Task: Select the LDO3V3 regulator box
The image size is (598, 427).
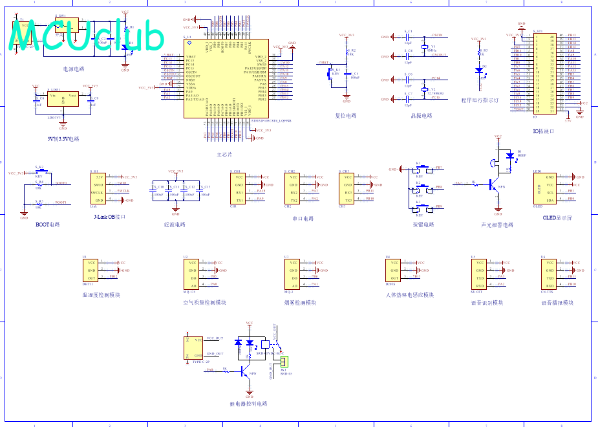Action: [63, 100]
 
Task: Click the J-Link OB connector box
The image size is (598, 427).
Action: [99, 188]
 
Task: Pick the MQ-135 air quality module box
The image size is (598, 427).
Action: [192, 274]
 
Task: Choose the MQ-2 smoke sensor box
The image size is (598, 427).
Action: [293, 274]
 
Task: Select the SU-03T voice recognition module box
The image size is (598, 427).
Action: [479, 274]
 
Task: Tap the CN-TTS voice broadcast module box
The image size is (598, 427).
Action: [549, 274]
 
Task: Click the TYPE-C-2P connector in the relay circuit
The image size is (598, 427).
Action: [194, 347]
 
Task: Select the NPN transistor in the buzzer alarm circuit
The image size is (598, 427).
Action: [495, 185]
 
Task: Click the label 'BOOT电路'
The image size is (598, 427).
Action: [47, 224]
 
